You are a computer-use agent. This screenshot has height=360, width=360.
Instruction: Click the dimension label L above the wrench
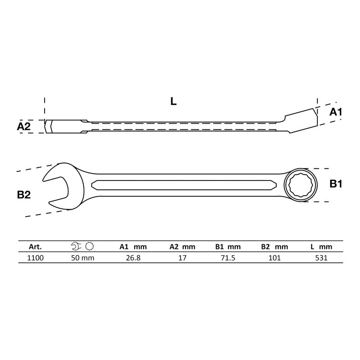coord(173,101)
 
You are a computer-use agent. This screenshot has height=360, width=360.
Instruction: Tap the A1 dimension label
coord(336,112)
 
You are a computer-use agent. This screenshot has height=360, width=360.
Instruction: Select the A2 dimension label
coord(24,126)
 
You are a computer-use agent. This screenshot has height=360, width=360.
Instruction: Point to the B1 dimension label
coord(336,184)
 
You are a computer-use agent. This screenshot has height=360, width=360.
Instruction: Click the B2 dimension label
coord(24,195)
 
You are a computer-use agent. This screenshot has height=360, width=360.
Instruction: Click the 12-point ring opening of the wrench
coord(300,185)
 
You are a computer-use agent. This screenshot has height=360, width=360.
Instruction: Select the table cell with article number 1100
coord(36,258)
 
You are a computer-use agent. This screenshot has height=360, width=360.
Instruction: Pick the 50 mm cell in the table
coord(83,258)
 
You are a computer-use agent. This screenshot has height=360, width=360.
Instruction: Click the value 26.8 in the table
coord(133,258)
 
